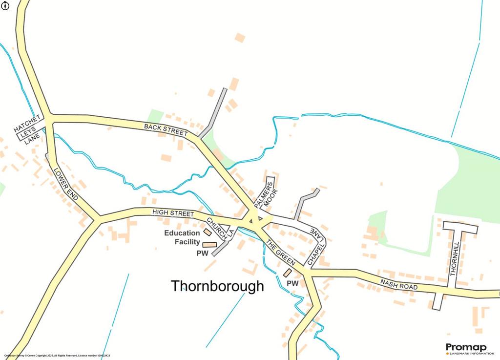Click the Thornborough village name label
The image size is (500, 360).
(217, 286)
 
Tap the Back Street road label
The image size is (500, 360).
(166, 129)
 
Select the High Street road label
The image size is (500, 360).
(173, 213)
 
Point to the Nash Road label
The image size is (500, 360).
(399, 284)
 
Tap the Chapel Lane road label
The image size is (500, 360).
(315, 247)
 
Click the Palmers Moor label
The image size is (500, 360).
(265, 192)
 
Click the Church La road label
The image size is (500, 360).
(219, 228)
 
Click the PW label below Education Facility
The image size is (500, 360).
(202, 254)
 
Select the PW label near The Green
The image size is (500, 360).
(292, 283)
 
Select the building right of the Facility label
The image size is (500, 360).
(209, 244)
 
